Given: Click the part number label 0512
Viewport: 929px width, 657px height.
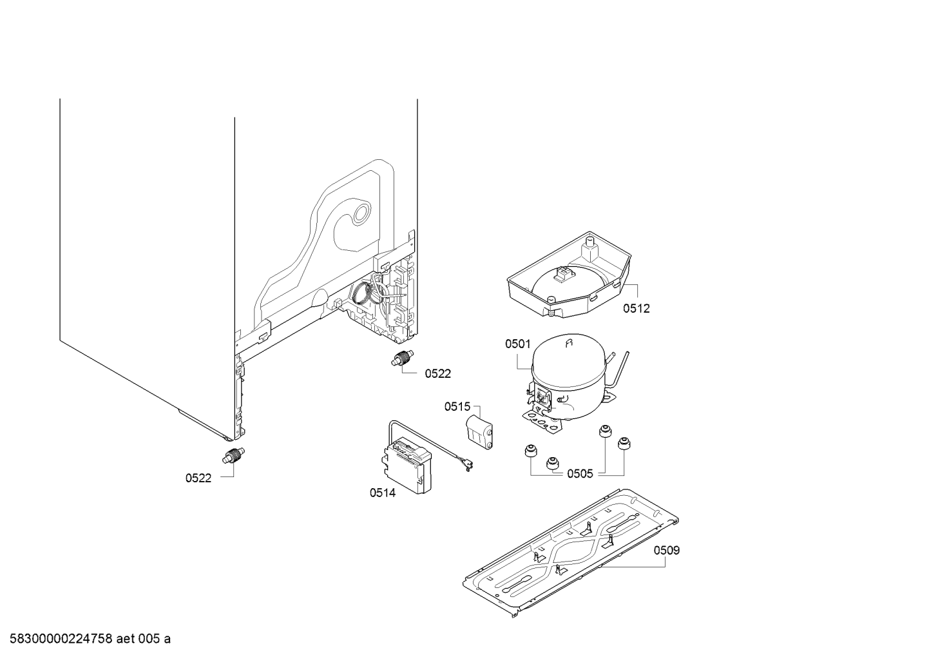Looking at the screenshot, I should point(636,308).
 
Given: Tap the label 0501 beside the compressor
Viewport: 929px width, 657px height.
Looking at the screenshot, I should point(517,345).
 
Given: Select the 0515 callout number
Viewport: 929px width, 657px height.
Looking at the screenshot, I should point(457,407).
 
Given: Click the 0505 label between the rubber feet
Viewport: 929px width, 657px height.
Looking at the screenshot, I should point(580,474).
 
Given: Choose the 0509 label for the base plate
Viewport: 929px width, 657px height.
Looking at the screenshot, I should point(666,551).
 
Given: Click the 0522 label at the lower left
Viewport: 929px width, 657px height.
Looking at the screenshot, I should point(198,478).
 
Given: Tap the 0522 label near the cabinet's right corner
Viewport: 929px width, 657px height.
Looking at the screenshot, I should point(438,373).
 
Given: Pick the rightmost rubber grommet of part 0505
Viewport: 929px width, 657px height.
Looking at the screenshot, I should point(623,443).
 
